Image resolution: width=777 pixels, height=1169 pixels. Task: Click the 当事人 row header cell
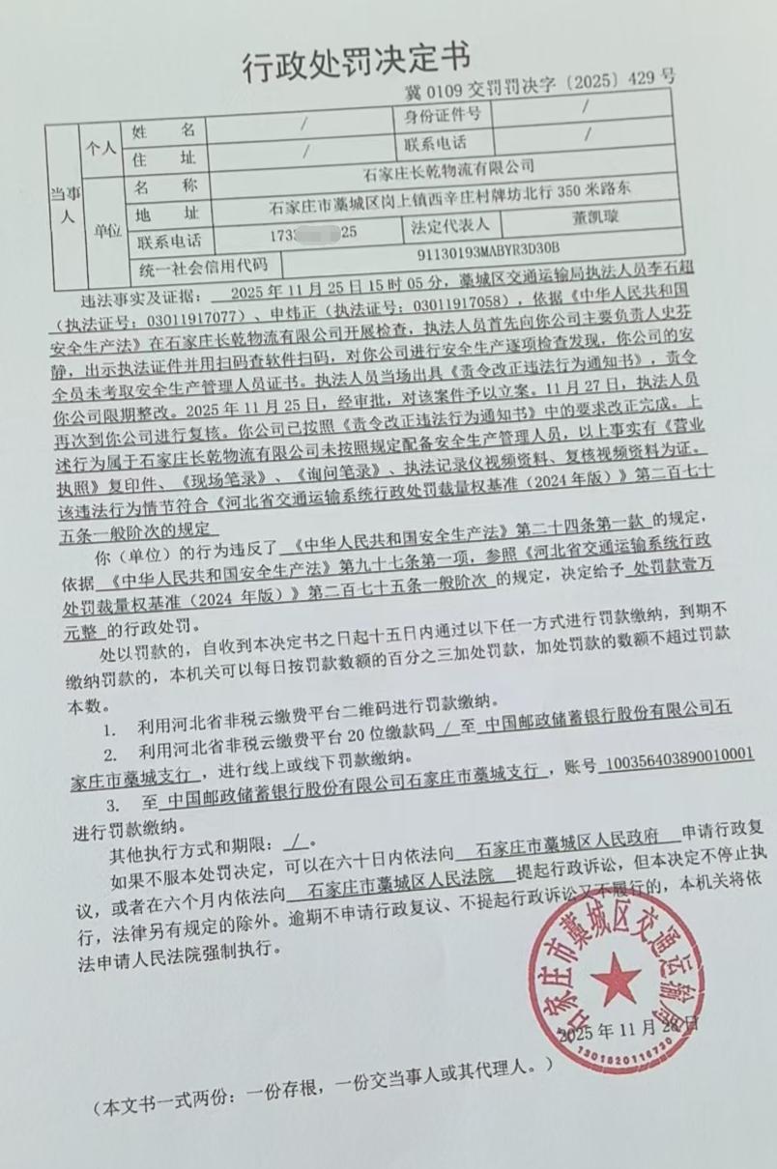click(63, 203)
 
